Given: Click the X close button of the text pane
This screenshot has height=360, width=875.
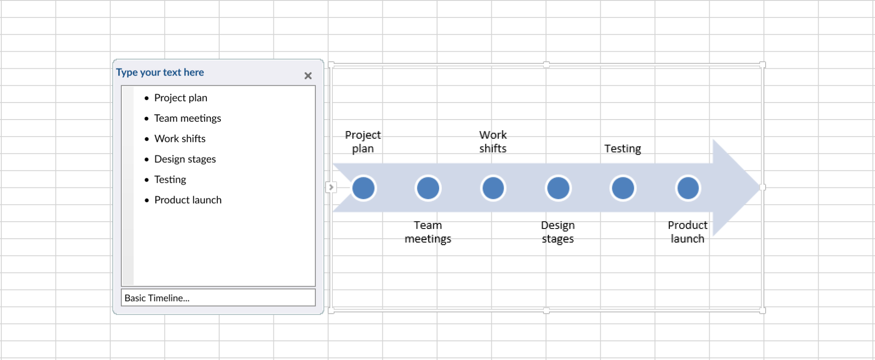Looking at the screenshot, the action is [308, 76].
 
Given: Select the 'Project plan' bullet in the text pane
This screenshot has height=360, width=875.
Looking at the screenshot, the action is [180, 98].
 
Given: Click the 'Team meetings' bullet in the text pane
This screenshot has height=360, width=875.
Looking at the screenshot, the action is [187, 118].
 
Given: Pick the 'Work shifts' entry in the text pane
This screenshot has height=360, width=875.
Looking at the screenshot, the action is [179, 139].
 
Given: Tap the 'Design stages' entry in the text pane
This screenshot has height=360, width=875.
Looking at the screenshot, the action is [185, 159].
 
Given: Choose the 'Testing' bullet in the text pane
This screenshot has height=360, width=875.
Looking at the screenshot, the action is [170, 180].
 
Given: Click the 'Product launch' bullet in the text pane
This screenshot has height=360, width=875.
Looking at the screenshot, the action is [188, 200].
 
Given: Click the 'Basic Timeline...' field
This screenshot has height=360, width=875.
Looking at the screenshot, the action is [218, 298].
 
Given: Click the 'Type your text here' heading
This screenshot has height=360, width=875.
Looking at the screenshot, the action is [160, 73].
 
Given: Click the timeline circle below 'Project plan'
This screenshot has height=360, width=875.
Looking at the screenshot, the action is [363, 188].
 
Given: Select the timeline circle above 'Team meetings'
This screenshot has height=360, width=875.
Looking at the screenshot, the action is [428, 188].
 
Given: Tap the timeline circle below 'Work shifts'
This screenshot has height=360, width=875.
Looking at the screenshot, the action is [493, 188].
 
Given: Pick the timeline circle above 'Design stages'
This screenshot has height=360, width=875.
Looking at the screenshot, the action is [558, 188].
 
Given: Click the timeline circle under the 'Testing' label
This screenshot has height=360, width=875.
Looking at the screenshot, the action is [623, 188].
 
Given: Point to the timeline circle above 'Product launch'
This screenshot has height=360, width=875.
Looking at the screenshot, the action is [688, 188].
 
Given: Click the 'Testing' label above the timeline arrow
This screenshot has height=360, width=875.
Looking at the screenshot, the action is [622, 149].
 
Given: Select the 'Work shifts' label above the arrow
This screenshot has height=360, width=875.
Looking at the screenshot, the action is [493, 142].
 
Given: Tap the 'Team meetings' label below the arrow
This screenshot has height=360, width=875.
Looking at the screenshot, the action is [428, 232].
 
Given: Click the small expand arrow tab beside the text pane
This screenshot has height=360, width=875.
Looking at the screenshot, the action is [331, 187].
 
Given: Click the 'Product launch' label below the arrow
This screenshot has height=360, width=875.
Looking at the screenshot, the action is [687, 232].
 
